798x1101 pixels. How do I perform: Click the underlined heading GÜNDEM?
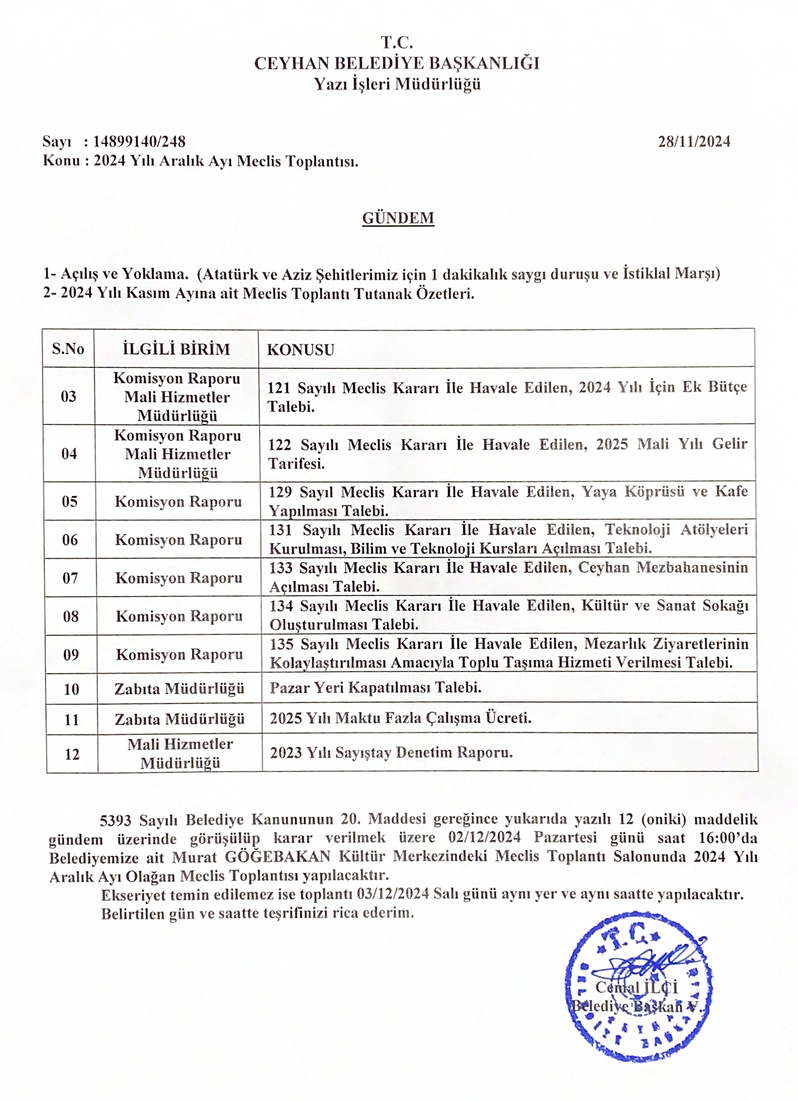pyautogui.click(x=398, y=218)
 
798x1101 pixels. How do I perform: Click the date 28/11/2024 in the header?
pyautogui.click(x=694, y=141)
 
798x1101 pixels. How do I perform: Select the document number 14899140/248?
pyautogui.click(x=139, y=141)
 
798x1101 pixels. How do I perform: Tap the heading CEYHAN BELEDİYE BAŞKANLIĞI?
pyautogui.click(x=397, y=63)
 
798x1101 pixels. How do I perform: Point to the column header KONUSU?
pyautogui.click(x=301, y=349)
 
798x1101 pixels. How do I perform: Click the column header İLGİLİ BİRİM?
pyautogui.click(x=177, y=349)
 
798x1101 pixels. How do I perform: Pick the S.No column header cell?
pyautogui.click(x=68, y=349)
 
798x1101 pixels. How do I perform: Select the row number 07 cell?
pyautogui.click(x=70, y=578)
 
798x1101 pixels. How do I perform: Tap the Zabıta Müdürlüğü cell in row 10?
pyautogui.click(x=179, y=689)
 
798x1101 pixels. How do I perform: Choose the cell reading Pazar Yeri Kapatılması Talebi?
pyautogui.click(x=376, y=688)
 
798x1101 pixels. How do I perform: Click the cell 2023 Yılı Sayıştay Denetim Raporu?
pyautogui.click(x=391, y=753)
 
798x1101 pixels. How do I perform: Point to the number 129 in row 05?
pyautogui.click(x=281, y=492)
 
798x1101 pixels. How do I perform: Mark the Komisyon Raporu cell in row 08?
pyautogui.click(x=179, y=616)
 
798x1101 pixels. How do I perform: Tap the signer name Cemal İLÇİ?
pyautogui.click(x=636, y=987)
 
